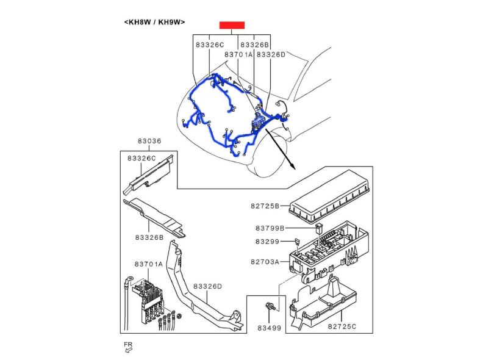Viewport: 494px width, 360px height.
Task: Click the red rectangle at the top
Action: click(x=232, y=25)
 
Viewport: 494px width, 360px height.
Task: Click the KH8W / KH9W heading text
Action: click(x=154, y=22)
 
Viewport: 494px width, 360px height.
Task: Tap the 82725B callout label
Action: click(x=265, y=206)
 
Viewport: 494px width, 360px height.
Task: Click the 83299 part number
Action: click(x=267, y=242)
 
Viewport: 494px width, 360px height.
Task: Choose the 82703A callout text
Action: click(x=265, y=262)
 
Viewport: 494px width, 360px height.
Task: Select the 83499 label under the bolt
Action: click(x=268, y=328)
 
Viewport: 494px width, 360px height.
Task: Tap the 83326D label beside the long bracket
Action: click(x=207, y=286)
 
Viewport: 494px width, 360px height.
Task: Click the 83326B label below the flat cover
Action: click(x=149, y=237)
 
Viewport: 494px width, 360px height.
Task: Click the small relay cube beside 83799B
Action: click(x=320, y=229)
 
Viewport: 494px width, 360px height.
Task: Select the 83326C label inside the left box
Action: click(x=141, y=158)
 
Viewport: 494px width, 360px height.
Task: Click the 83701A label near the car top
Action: click(x=238, y=54)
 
